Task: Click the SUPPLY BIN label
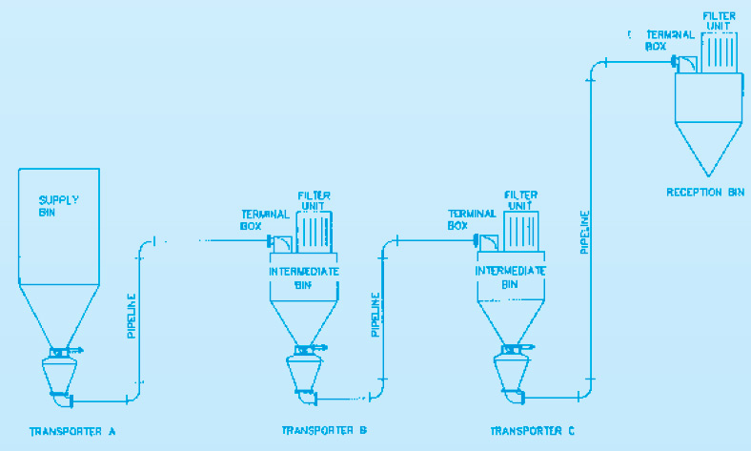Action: click(x=58, y=206)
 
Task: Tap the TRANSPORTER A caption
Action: click(x=72, y=432)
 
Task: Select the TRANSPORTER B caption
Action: click(x=324, y=430)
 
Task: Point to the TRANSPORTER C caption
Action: click(x=532, y=431)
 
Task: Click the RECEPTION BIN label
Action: click(x=705, y=193)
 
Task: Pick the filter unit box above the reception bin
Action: click(x=719, y=52)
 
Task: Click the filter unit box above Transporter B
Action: click(x=315, y=232)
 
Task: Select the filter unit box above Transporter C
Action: click(x=521, y=232)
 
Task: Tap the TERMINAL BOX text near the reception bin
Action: click(x=670, y=41)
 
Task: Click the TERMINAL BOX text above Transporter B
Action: click(x=265, y=220)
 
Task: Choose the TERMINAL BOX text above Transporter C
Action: click(x=472, y=219)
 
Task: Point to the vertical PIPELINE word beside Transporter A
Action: click(x=132, y=316)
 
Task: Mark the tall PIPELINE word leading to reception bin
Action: click(x=585, y=232)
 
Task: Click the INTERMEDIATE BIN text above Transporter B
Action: click(x=304, y=278)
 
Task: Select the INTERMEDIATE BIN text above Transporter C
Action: click(x=510, y=277)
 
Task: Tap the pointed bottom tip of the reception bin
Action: click(x=708, y=175)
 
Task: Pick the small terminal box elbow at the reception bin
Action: click(x=685, y=64)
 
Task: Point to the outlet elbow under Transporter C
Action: click(x=514, y=397)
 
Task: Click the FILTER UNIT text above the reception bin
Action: click(x=719, y=21)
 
